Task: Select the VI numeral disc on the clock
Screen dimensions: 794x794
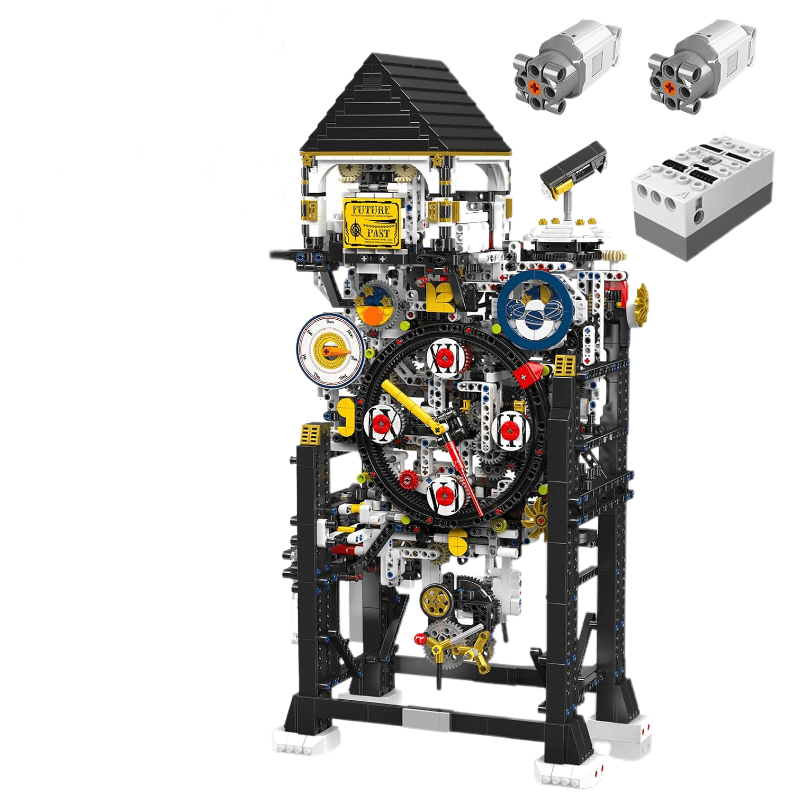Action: pyautogui.click(x=446, y=495)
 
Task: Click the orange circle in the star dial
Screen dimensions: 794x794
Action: pyautogui.click(x=375, y=317)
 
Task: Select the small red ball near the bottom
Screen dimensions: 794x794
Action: pyautogui.click(x=420, y=637)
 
